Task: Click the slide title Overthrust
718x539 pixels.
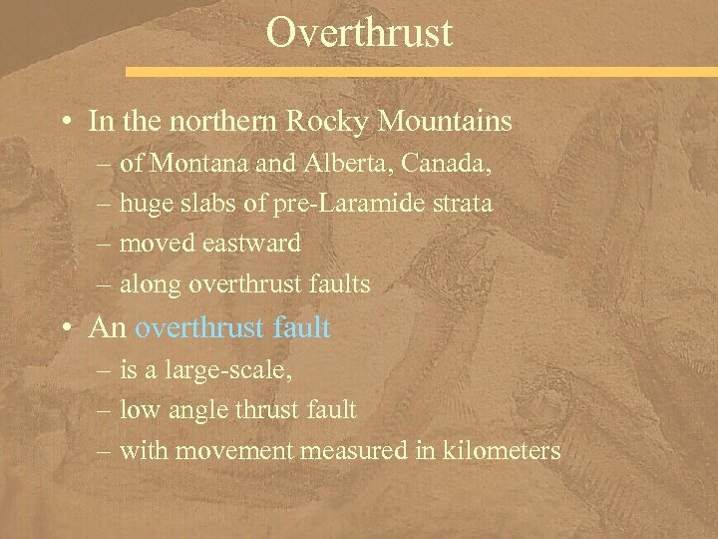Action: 359,32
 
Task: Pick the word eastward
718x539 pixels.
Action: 250,244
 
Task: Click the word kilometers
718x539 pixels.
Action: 504,451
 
